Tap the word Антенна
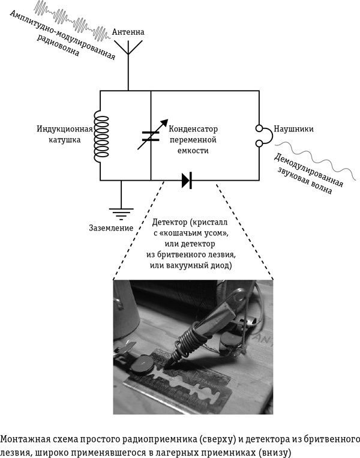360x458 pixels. tap(128, 31)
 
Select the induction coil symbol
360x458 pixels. tap(100, 134)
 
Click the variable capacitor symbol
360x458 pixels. tap(151, 134)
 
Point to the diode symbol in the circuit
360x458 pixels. tap(186, 179)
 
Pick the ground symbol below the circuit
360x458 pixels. tap(121, 211)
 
